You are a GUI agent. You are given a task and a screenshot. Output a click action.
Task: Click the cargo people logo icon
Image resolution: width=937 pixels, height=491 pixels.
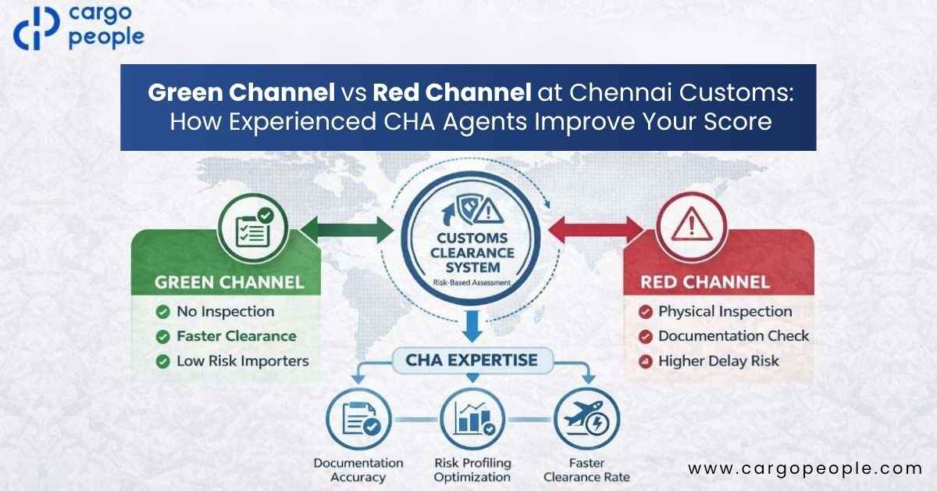(36, 28)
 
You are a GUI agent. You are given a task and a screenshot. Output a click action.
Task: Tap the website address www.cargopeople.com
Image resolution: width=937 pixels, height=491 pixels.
(805, 469)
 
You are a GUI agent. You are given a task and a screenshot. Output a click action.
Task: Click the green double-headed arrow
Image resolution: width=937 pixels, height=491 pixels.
(347, 230)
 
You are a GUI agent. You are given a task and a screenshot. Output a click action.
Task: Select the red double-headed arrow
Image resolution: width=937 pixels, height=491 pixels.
(596, 230)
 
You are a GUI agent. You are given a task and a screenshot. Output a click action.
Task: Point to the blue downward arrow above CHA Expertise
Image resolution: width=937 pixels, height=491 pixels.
(472, 326)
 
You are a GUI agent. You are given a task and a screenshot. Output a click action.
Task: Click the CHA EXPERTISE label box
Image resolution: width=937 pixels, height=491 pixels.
(472, 360)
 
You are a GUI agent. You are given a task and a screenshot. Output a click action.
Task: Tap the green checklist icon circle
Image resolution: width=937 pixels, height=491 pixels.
(253, 228)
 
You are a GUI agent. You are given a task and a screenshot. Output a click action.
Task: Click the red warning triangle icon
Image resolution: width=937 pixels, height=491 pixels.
(692, 224)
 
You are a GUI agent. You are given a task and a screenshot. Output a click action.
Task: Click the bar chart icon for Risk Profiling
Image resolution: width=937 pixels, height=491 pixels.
(472, 419)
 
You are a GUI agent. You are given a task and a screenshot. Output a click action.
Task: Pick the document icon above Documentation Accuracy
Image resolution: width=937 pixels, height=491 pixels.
(359, 419)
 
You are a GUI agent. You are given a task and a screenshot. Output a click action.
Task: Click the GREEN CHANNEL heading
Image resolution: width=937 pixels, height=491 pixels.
(230, 282)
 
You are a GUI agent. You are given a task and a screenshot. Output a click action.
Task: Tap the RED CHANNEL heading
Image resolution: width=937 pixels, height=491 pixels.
(705, 282)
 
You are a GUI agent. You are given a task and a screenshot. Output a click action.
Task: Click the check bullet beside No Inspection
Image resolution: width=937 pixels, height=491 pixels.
(162, 312)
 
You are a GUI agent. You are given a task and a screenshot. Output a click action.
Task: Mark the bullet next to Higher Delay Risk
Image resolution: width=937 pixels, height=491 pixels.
(646, 361)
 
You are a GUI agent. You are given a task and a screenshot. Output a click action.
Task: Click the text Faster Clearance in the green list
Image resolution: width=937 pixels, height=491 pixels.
(237, 336)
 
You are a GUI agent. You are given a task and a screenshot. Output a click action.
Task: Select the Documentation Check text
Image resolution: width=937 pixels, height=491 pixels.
(734, 336)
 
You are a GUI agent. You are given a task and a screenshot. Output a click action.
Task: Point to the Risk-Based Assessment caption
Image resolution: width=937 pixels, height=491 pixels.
(472, 283)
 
